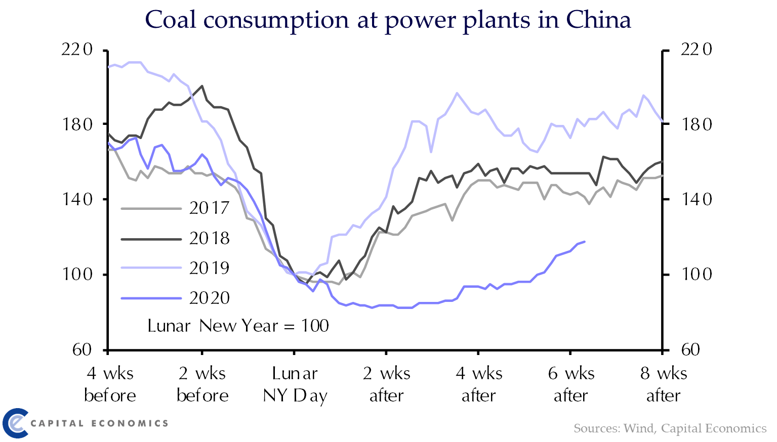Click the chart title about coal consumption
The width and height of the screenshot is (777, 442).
(x=388, y=20)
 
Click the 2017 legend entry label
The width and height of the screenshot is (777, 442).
(x=209, y=208)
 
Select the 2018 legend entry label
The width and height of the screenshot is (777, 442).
(x=209, y=238)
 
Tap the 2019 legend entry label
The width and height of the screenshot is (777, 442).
(x=209, y=268)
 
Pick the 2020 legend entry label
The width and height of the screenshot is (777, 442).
(x=209, y=298)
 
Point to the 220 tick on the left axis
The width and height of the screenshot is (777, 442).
(x=77, y=50)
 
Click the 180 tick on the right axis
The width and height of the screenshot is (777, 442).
(x=697, y=124)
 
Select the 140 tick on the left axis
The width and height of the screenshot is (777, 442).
(x=77, y=199)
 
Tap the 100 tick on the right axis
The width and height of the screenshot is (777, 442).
(x=697, y=274)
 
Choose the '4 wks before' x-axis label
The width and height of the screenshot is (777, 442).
(x=110, y=384)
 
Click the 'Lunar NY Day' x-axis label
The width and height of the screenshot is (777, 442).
(x=295, y=384)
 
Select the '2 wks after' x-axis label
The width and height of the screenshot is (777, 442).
(x=387, y=384)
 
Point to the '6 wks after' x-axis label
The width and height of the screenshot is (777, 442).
(x=571, y=384)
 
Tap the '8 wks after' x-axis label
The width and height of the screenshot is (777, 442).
(x=663, y=384)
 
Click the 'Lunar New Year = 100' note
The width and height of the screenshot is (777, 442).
(x=238, y=326)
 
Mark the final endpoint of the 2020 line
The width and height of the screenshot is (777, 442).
(x=585, y=242)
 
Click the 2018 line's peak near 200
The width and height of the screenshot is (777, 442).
(x=202, y=86)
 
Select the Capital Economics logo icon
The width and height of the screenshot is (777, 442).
(x=15, y=423)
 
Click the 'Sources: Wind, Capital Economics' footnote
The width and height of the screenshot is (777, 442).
(x=670, y=428)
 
